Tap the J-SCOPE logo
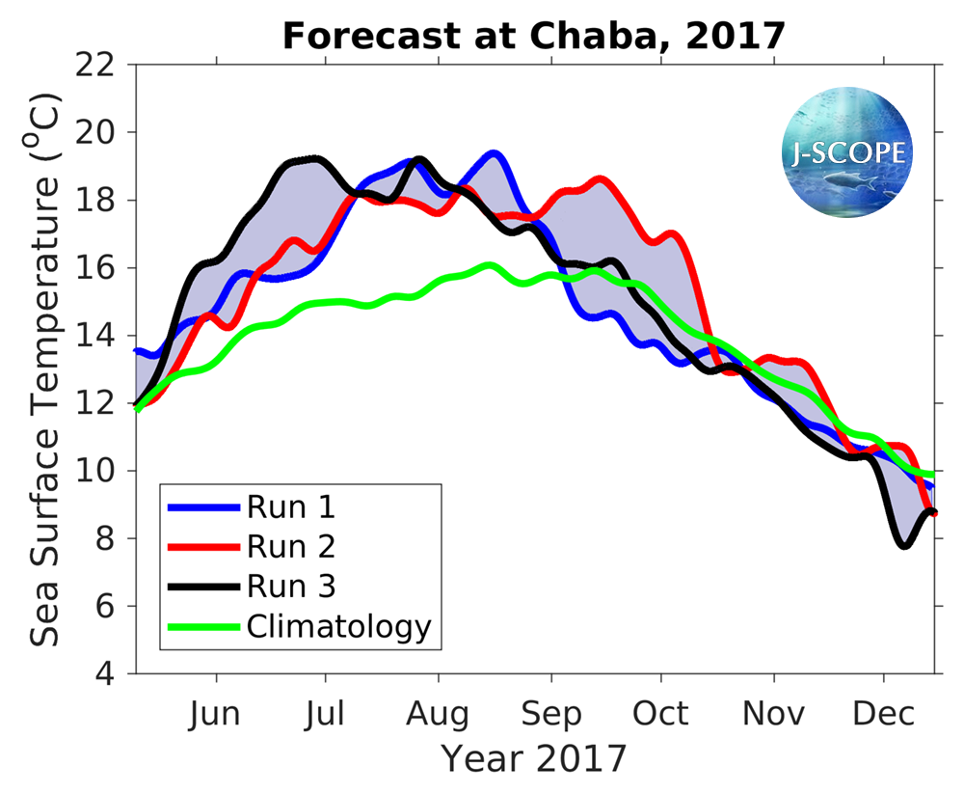pos(847,151)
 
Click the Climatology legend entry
pos(337,626)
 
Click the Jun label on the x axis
pos(215,714)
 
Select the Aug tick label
pos(438,714)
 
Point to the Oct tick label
pos(661,714)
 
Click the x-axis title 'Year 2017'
pos(534,758)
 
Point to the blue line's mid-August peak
pos(494,153)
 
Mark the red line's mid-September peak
pos(600,178)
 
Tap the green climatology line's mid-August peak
pos(490,264)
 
